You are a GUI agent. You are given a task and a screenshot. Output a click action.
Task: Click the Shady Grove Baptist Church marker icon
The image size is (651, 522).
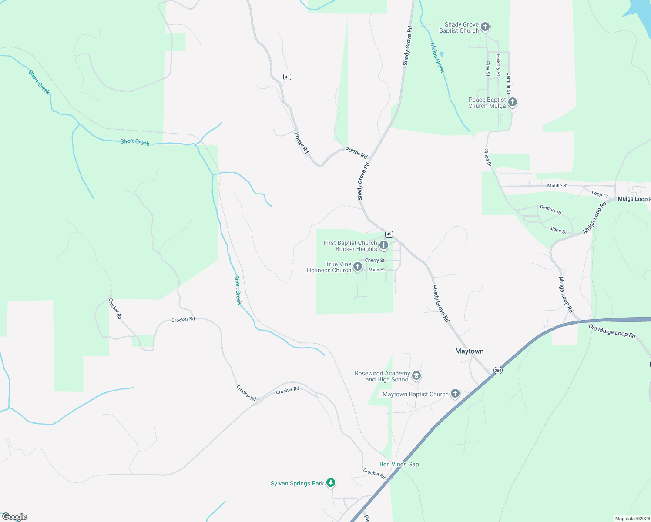click(485, 27)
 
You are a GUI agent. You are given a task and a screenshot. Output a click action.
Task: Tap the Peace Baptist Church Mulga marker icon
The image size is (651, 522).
click(513, 102)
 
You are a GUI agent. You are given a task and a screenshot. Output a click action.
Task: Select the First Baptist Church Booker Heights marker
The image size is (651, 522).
click(384, 245)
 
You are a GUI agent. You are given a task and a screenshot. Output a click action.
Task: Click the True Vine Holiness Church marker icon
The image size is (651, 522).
click(358, 267)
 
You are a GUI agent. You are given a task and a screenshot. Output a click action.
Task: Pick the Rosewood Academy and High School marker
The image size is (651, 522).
click(416, 376)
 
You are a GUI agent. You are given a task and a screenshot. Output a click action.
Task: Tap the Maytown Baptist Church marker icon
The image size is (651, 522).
click(455, 394)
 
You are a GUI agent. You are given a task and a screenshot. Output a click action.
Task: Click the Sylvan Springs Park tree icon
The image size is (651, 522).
click(331, 482)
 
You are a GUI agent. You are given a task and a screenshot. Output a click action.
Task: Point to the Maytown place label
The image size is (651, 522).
click(469, 351)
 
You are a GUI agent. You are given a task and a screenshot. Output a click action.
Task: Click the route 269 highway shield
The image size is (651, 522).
click(498, 371)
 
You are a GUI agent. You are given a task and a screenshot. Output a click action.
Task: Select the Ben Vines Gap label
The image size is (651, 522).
click(399, 464)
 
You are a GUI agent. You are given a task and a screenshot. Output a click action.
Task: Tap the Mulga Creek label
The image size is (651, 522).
click(437, 57)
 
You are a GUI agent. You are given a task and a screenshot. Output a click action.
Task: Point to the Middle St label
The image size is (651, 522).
click(557, 186)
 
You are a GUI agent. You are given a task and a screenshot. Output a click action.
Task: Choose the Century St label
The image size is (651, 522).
click(550, 210)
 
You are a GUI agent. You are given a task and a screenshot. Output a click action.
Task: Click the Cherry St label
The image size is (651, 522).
click(375, 260)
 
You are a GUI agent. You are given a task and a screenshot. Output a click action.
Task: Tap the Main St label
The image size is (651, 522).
click(376, 270)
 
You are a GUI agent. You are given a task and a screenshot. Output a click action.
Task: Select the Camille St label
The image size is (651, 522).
click(508, 83)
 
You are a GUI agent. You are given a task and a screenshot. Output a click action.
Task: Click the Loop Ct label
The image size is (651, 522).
click(600, 194)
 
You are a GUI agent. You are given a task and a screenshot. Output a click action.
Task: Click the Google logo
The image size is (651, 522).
click(15, 517)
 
